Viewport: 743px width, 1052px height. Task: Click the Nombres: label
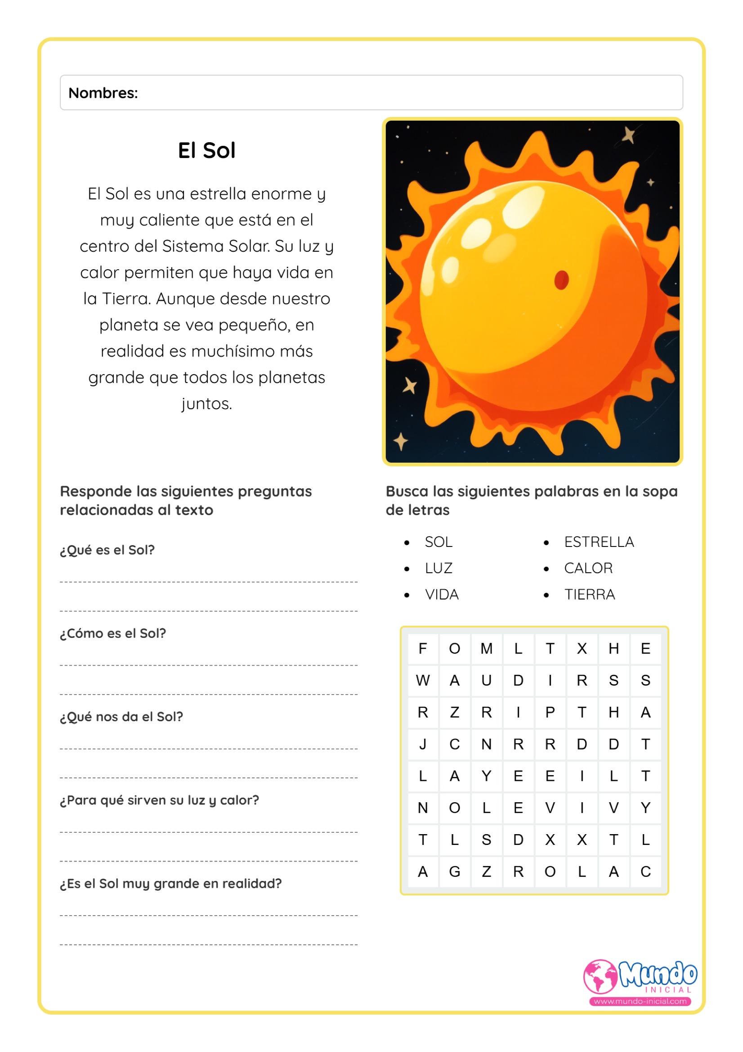tap(103, 93)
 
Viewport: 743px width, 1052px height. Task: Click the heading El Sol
tap(206, 150)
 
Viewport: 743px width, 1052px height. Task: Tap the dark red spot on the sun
tap(561, 280)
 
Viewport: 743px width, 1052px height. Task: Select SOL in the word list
tap(438, 542)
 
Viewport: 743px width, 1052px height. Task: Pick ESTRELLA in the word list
tap(599, 542)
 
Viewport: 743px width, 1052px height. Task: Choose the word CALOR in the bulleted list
tap(588, 568)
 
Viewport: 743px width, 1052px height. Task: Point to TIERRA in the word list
tap(589, 594)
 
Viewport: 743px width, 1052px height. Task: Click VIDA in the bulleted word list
tap(441, 594)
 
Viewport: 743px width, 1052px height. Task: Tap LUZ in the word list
tap(438, 568)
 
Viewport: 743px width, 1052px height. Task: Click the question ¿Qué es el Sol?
tap(107, 550)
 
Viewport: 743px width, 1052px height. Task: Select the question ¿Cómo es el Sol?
tap(113, 633)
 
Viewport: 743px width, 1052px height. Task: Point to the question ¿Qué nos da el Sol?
tap(121, 717)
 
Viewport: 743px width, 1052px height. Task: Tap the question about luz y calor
tap(159, 800)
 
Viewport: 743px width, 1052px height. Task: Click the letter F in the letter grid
tap(422, 648)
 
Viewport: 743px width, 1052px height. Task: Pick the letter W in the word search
tap(422, 681)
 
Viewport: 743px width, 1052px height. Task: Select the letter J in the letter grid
tap(422, 744)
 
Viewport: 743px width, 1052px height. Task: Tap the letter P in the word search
tap(550, 712)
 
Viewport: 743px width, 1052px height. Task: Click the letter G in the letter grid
tap(455, 871)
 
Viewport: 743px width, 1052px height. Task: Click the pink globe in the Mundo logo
tap(600, 976)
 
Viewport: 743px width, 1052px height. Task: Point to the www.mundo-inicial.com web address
tap(640, 1001)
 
